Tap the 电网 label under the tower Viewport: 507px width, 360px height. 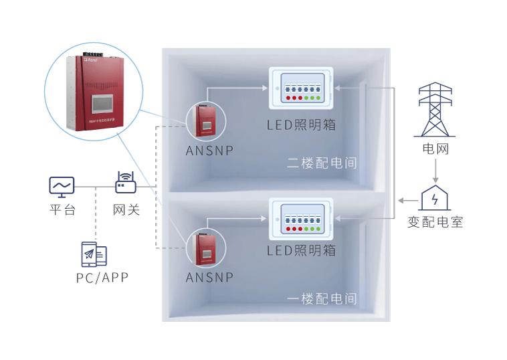click(435, 149)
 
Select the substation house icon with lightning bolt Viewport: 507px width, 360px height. click(435, 199)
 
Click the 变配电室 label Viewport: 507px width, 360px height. click(435, 221)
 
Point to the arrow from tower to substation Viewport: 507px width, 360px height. click(435, 171)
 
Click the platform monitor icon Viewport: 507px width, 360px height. click(62, 186)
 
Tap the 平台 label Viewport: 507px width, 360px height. click(62, 210)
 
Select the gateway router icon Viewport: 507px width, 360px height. click(125, 184)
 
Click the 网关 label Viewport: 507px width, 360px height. click(126, 210)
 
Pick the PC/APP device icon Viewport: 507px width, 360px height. click(94, 254)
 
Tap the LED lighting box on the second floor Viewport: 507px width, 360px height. click(300, 88)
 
